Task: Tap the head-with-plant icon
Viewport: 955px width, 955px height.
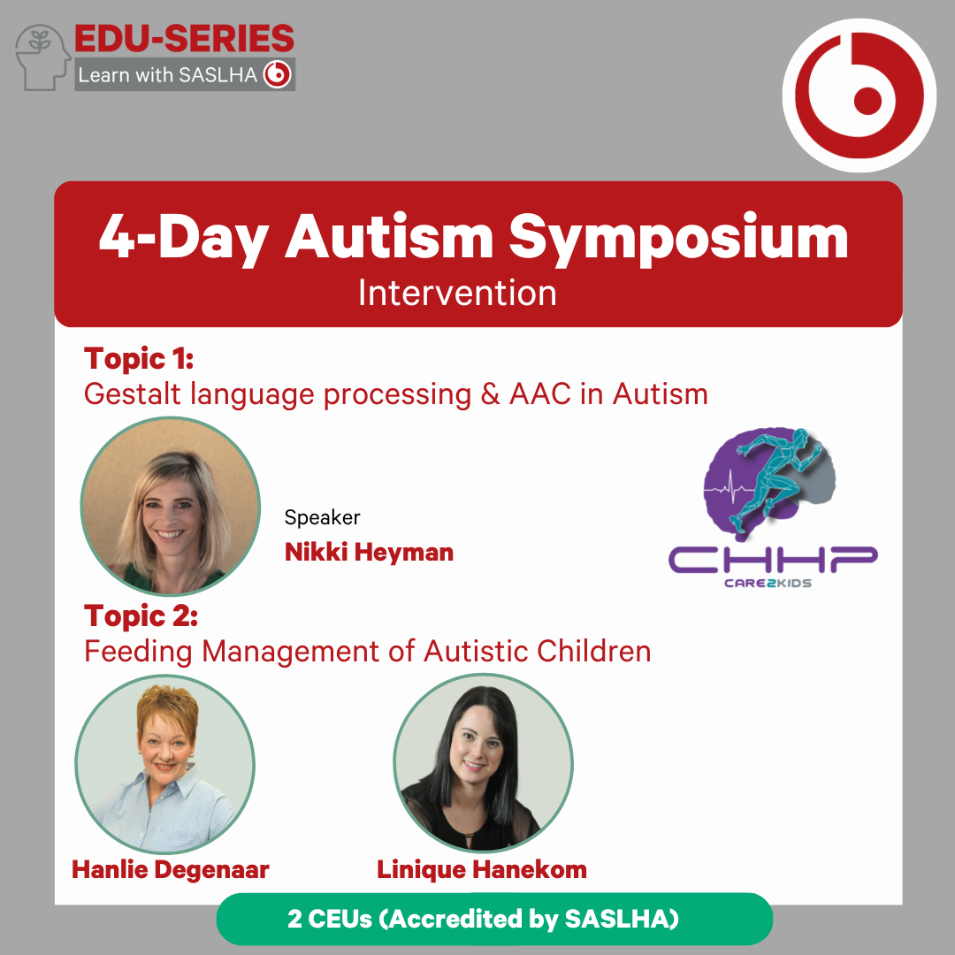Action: point(42,57)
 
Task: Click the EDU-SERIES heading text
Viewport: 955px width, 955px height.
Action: point(184,39)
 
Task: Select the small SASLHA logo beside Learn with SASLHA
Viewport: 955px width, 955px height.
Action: point(278,75)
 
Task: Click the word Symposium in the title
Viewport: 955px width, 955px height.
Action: point(678,238)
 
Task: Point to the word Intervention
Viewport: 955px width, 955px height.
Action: point(457,293)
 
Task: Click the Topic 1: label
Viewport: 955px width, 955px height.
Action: point(139,359)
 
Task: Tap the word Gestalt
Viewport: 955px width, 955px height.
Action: point(132,394)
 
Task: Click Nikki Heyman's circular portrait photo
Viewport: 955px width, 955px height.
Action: point(171,506)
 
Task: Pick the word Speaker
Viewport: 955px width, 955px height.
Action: point(322,517)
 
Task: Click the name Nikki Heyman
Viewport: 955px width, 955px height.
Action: point(369,553)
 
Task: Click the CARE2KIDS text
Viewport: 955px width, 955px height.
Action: point(768,583)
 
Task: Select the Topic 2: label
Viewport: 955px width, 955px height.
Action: point(141,615)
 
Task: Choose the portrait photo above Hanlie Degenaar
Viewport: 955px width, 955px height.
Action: point(164,764)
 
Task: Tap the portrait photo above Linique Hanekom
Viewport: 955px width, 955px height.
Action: point(483,762)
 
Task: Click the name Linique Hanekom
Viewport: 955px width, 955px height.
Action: point(482,870)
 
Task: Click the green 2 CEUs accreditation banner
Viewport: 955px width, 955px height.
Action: point(494,919)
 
